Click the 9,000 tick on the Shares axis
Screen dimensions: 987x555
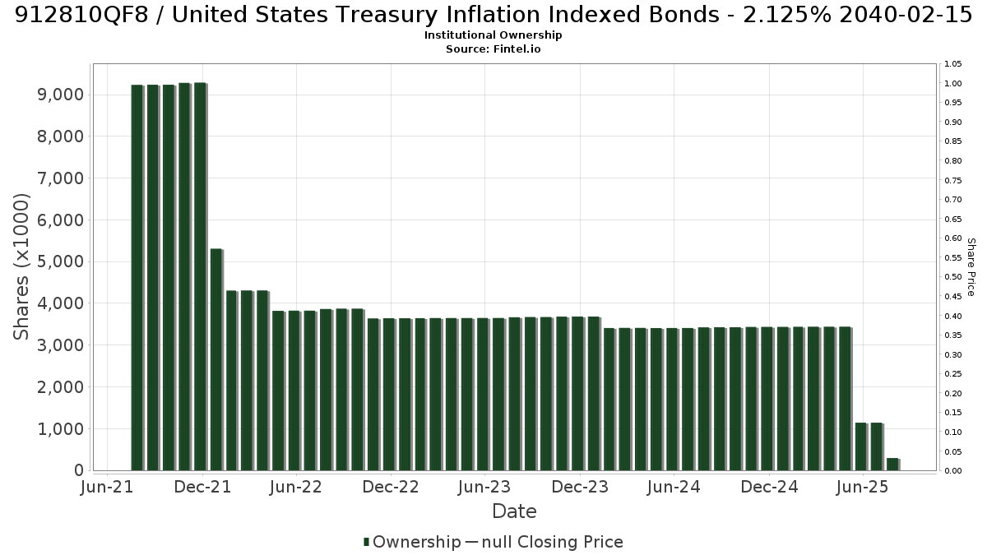tap(60, 95)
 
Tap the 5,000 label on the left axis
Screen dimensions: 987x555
tap(60, 261)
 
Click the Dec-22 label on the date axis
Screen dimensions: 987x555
tap(391, 487)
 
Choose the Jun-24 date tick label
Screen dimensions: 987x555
tap(674, 487)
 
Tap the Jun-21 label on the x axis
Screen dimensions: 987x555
tap(107, 487)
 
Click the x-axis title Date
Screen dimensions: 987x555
tap(514, 511)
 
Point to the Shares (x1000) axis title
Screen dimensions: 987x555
tap(21, 267)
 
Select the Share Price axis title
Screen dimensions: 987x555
tap(971, 267)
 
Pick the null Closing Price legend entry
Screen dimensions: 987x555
tap(544, 542)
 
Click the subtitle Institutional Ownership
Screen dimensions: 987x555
tap(493, 35)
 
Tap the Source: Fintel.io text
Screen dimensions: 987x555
tap(493, 49)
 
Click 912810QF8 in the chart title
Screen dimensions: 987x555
tap(81, 15)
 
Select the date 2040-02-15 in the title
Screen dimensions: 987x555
tap(906, 15)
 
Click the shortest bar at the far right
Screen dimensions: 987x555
tap(892, 465)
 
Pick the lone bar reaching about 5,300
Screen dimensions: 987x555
tap(215, 360)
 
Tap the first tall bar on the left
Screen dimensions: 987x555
tap(137, 278)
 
